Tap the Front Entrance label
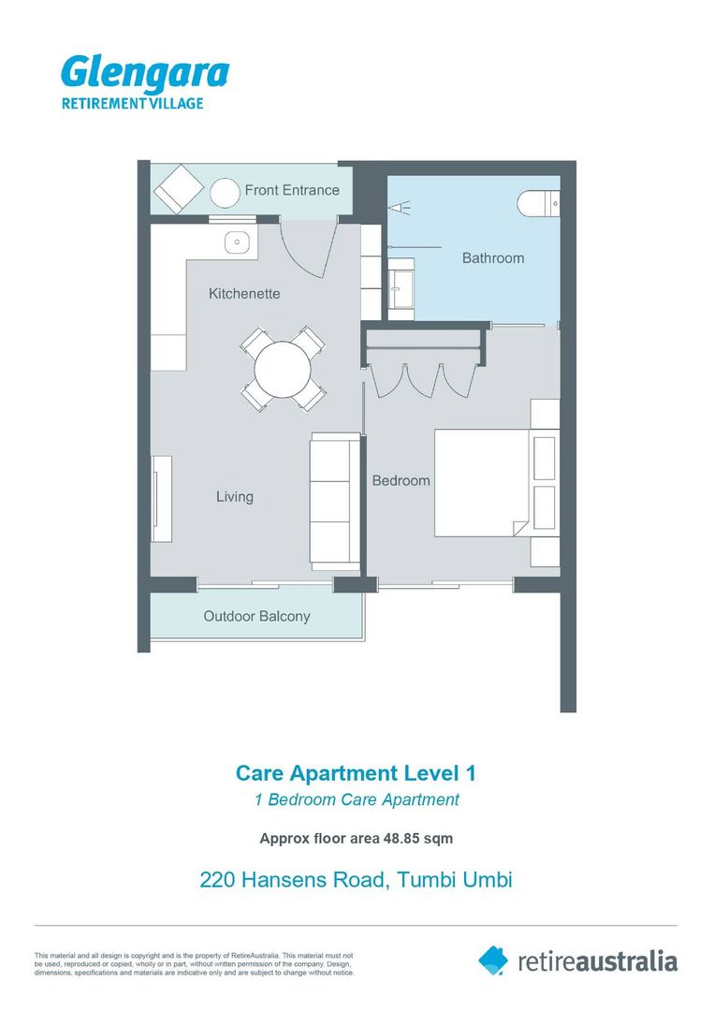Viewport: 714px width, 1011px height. [x=292, y=190]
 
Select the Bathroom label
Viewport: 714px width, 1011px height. [x=493, y=258]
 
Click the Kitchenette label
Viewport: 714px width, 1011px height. [x=244, y=293]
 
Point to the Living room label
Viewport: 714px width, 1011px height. [x=235, y=496]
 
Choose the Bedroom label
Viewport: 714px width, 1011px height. [x=401, y=480]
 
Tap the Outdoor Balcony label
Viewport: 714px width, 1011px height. [x=256, y=616]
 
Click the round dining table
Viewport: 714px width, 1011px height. [x=283, y=370]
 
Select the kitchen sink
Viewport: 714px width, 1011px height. [x=237, y=242]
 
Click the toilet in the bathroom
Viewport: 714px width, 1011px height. [x=538, y=203]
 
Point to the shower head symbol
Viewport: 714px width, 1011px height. [x=400, y=208]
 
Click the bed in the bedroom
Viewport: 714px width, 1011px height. [x=483, y=483]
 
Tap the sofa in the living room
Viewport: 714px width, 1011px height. [x=334, y=501]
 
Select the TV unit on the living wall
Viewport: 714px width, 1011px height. [x=162, y=498]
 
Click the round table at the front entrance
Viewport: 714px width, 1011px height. [x=226, y=193]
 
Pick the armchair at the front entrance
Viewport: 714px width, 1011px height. [x=179, y=189]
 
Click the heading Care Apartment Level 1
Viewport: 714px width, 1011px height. [x=356, y=772]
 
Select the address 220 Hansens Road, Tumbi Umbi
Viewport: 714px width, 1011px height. [x=356, y=879]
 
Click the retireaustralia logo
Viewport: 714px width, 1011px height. [x=577, y=961]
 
